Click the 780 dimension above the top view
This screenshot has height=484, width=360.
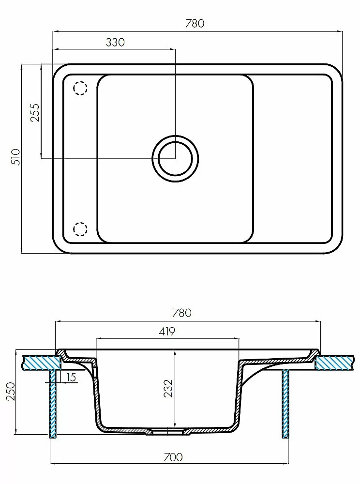pos(195,23)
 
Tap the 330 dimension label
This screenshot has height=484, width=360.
pos(115,42)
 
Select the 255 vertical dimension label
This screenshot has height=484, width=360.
pos(35,112)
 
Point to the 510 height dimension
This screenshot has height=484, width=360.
pos(15,157)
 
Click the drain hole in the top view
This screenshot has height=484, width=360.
pos(175,159)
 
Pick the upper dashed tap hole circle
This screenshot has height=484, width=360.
pos(80,88)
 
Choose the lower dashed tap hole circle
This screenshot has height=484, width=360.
pos(80,229)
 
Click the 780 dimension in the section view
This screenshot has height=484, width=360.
pos(182,313)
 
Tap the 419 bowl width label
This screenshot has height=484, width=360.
pos(167,331)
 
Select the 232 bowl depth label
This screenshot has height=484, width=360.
pos(168,388)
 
